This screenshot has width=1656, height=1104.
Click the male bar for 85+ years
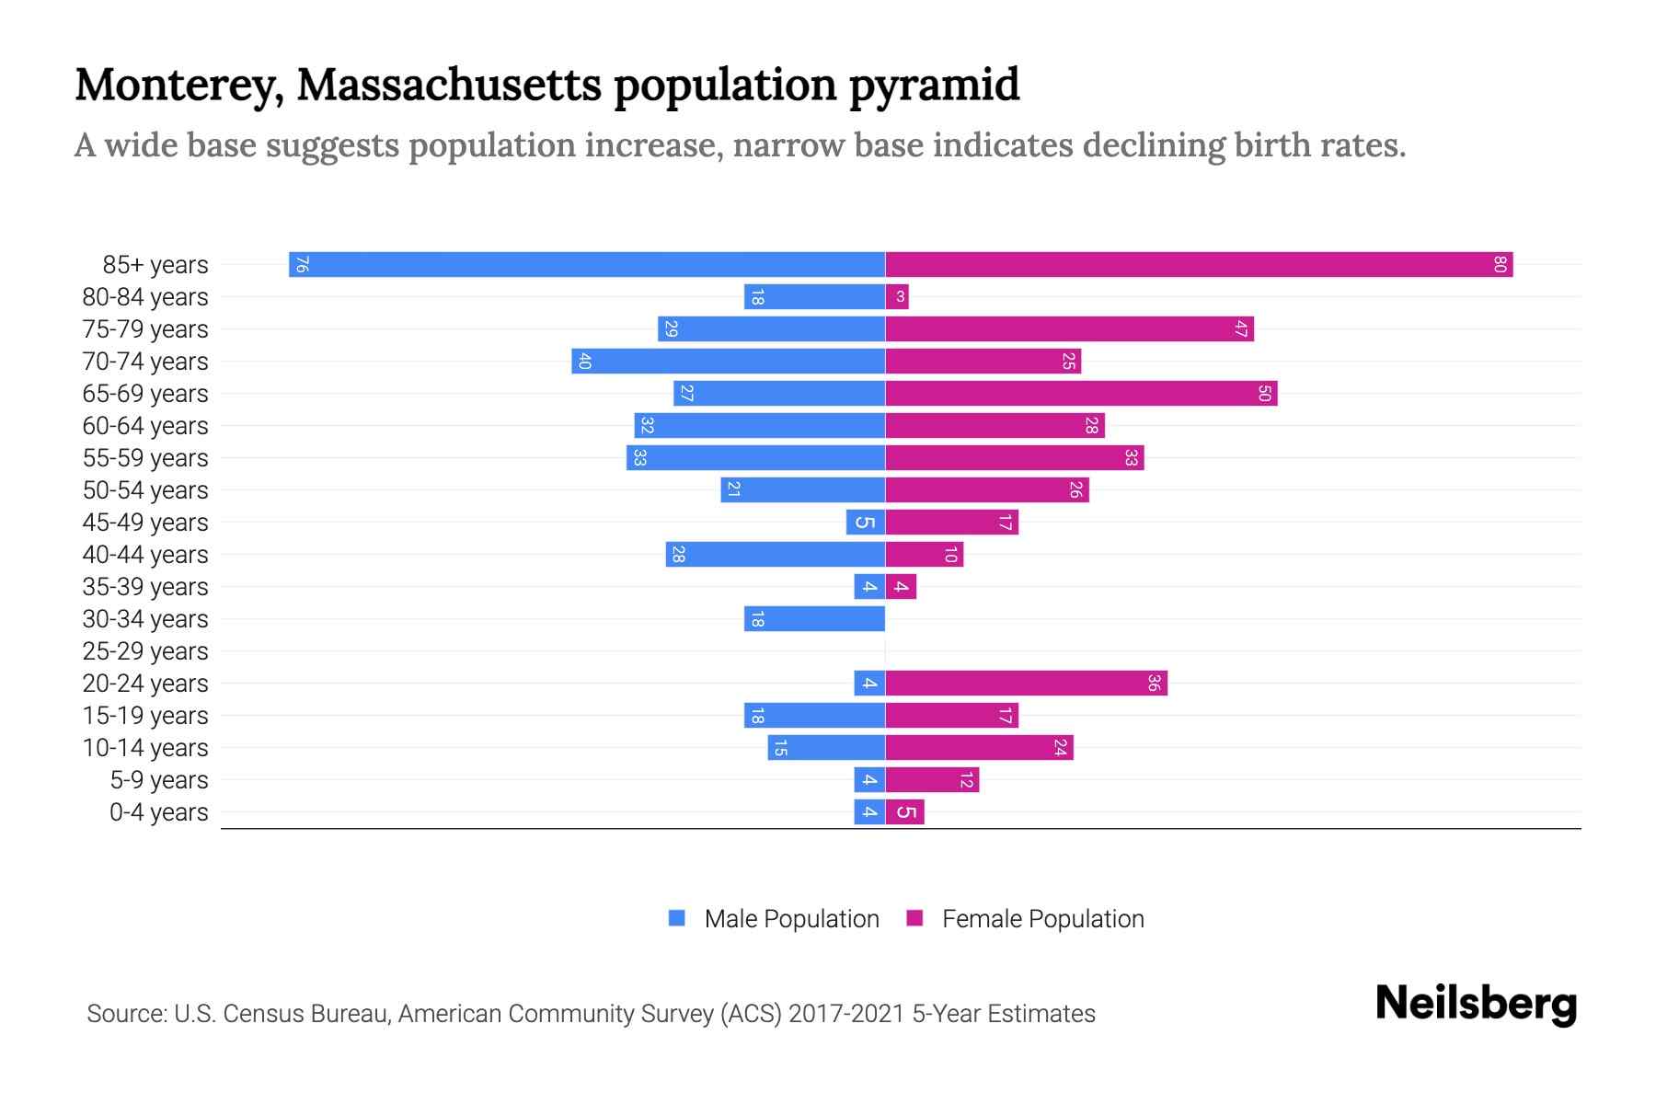tap(587, 265)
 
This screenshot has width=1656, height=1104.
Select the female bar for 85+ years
tap(1199, 265)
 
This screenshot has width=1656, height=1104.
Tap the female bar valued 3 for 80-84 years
tap(897, 297)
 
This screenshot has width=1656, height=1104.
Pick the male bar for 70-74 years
tap(728, 362)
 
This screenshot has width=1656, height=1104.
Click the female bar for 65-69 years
tap(1081, 394)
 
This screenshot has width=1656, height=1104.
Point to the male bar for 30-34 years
tap(814, 619)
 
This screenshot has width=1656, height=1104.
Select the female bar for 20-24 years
tap(1026, 684)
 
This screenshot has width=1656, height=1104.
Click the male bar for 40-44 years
tap(776, 555)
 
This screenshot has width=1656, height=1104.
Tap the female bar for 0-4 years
tap(904, 812)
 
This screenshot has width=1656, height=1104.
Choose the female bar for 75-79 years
tap(1069, 329)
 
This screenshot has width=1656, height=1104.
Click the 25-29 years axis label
tap(145, 651)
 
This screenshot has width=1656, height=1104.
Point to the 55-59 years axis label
tap(145, 458)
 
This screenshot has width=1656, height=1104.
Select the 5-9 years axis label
tap(159, 780)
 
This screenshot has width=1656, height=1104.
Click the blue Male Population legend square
tap(677, 918)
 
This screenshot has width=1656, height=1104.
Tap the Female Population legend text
tap(1042, 919)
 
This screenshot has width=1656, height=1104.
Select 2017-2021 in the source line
tap(846, 1014)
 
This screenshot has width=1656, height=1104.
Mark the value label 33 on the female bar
tap(1131, 458)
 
